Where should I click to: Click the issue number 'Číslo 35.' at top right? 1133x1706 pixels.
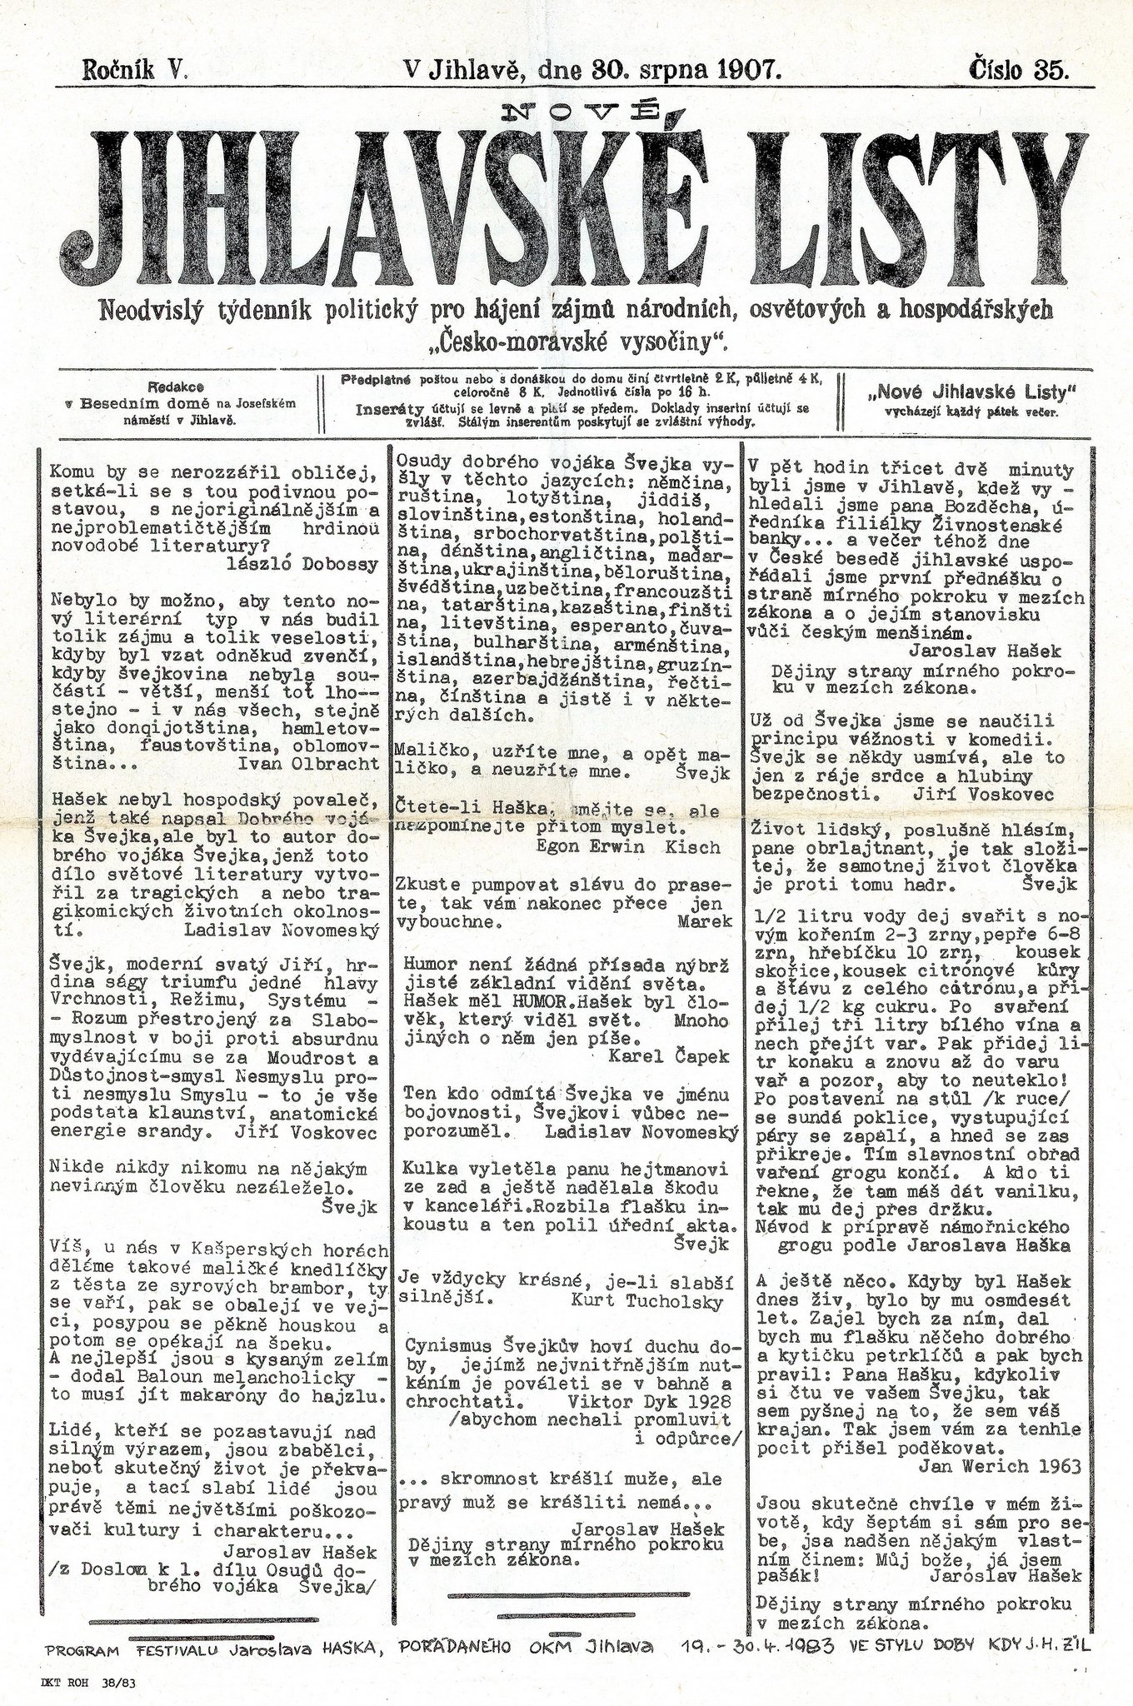coord(1020,68)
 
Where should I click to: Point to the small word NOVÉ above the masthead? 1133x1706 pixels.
coord(582,108)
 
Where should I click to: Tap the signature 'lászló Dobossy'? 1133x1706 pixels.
coord(302,564)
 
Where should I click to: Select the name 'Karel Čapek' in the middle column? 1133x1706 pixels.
coord(669,1056)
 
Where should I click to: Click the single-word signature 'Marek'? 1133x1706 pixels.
coord(705,921)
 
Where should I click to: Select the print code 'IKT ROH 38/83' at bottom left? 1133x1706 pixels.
coord(87,1683)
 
